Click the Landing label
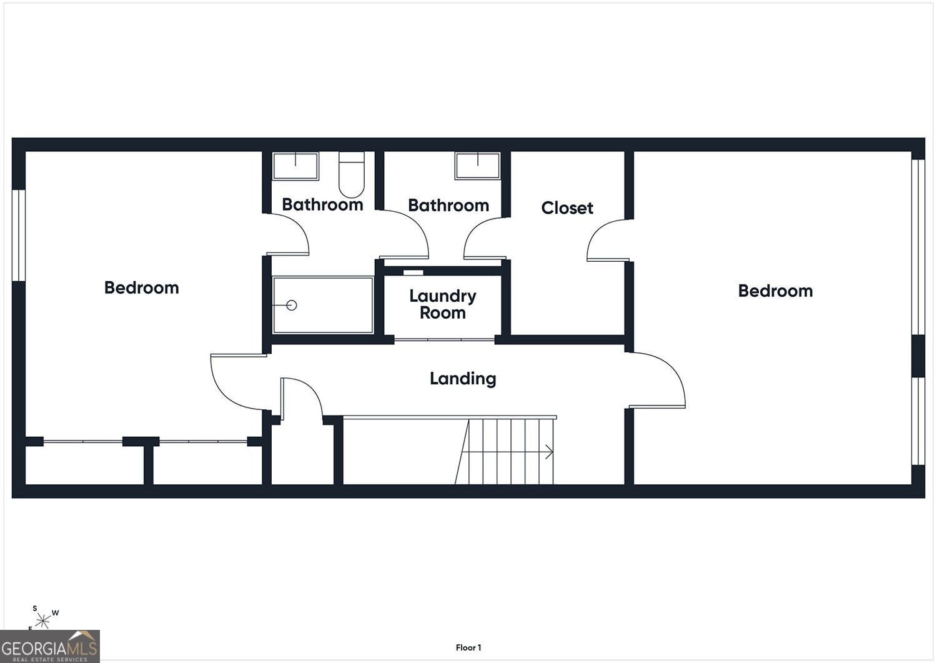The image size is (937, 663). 463,379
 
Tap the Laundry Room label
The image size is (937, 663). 442,304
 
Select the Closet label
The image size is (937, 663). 567,207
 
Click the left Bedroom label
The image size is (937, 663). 141,287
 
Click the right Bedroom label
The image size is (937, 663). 775,291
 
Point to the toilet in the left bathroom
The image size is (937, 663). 351,174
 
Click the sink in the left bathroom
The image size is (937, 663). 295,166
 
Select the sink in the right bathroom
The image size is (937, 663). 478,166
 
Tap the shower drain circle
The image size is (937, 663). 292,306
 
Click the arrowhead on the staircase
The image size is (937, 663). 550,452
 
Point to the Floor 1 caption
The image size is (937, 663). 468,647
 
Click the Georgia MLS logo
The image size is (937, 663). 50,646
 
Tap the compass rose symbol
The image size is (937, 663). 42,621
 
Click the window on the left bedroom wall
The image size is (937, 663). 18,235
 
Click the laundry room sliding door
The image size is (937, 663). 444,340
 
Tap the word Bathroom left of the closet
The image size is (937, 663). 449,205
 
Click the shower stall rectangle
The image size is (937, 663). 322,305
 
